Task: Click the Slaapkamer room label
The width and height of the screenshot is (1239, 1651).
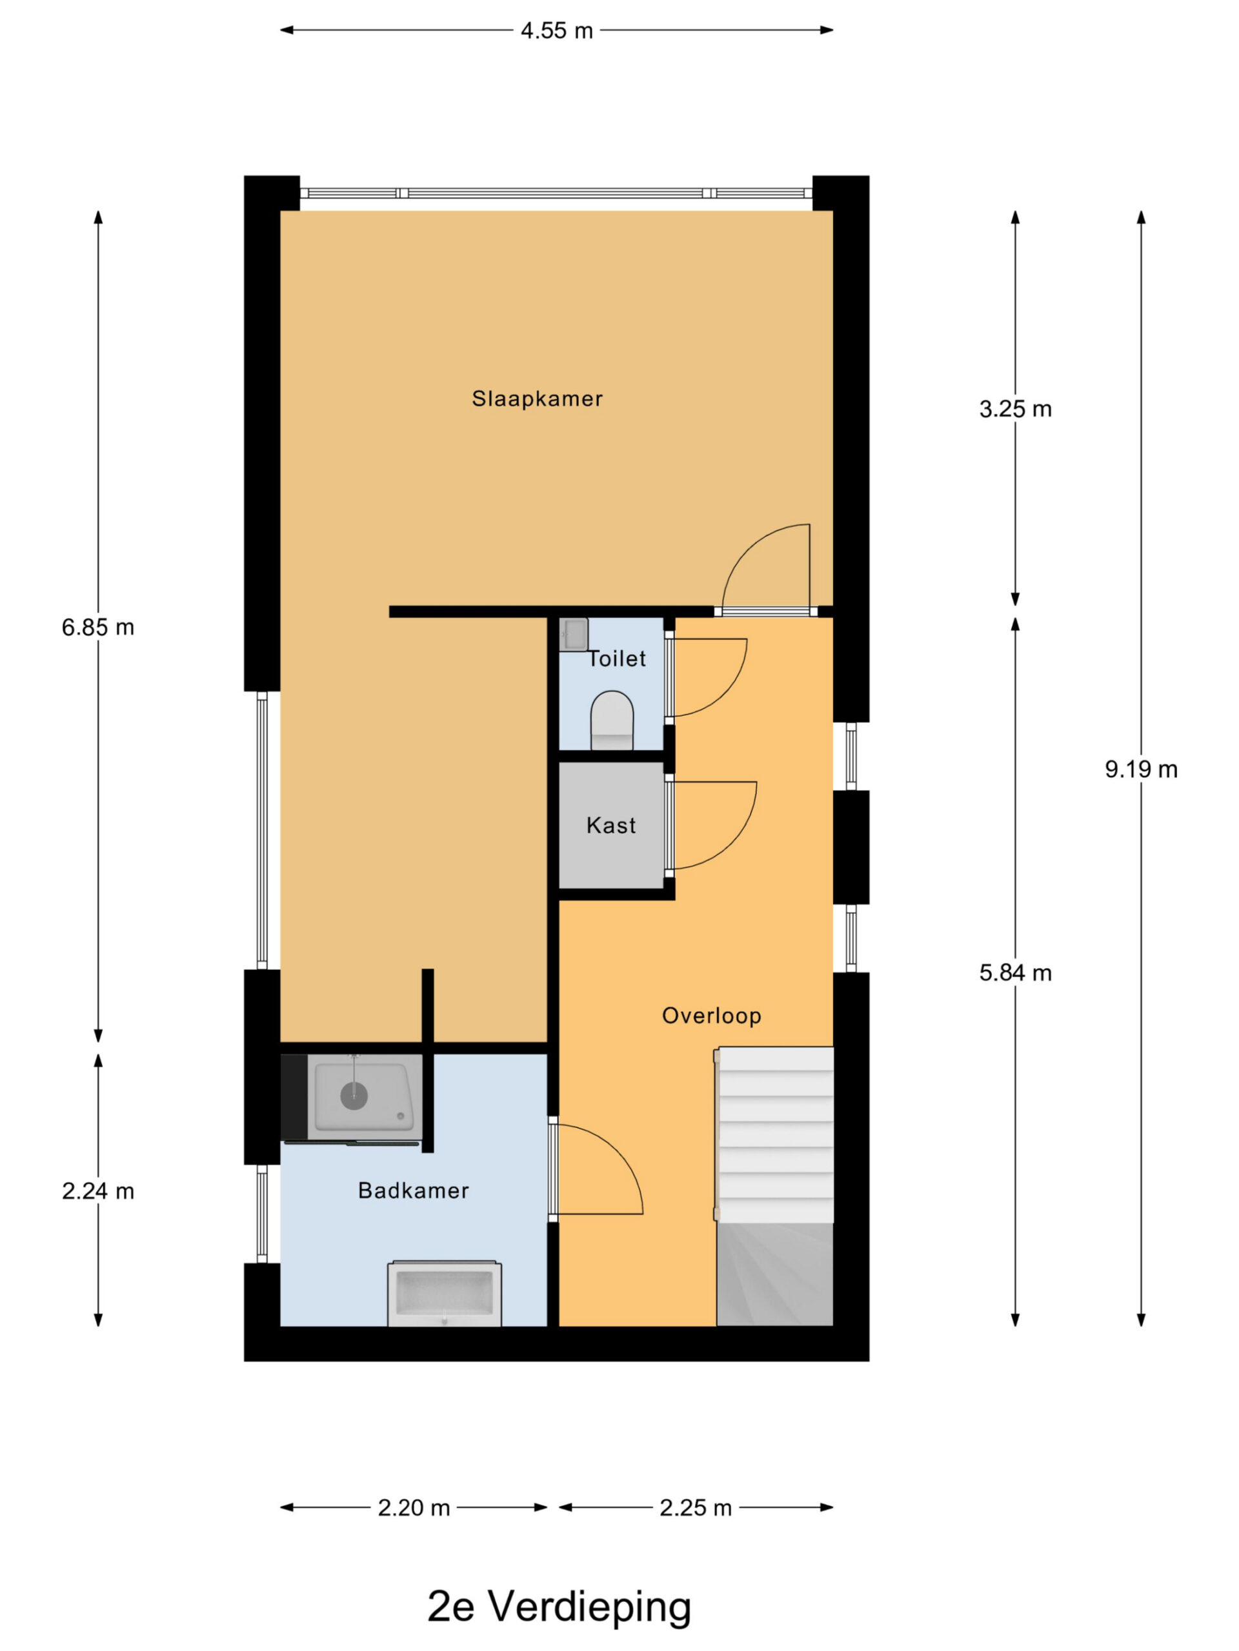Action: [x=537, y=399]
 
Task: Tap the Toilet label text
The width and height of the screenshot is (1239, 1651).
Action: [x=616, y=658]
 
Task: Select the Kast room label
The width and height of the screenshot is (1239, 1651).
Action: [x=611, y=825]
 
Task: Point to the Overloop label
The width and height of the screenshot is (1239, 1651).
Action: [x=712, y=1015]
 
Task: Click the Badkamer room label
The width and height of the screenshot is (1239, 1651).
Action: [x=413, y=1190]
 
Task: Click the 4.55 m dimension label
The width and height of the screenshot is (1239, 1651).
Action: [x=556, y=30]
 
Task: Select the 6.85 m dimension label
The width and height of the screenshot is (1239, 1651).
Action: [x=98, y=627]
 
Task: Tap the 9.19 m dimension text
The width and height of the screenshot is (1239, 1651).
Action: [x=1141, y=769]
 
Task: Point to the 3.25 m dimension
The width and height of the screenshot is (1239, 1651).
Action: [x=1015, y=408]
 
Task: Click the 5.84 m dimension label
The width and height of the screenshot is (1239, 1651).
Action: [x=1015, y=973]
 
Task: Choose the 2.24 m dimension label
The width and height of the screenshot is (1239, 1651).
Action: [x=98, y=1191]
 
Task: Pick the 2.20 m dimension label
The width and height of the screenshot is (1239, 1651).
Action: [x=414, y=1508]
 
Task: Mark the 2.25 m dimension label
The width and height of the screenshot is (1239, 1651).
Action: [x=695, y=1508]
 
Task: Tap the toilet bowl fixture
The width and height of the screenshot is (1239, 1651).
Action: [x=612, y=720]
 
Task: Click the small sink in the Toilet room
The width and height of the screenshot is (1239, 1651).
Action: [x=574, y=635]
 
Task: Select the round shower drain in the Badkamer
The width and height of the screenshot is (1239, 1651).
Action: [x=354, y=1096]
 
